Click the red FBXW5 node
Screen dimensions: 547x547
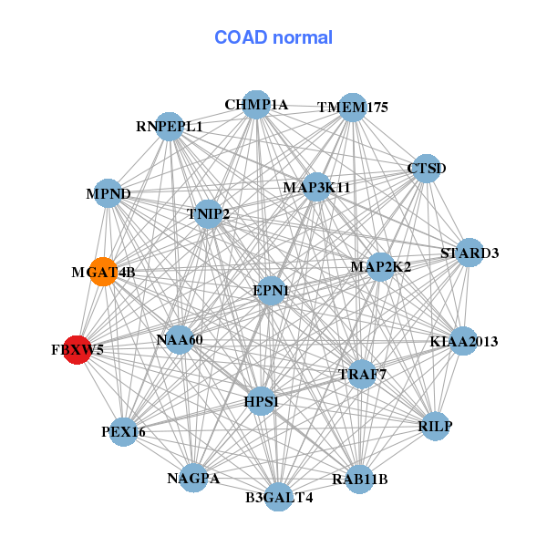point(77,350)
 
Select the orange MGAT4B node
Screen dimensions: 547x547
point(103,272)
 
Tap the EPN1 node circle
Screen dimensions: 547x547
point(271,291)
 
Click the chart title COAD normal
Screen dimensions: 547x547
point(273,37)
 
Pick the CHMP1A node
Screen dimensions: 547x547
point(256,105)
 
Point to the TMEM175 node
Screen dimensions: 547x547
point(353,108)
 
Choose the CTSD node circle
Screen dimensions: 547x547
point(427,169)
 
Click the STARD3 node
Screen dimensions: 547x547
point(470,253)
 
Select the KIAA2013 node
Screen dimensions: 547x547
point(464,341)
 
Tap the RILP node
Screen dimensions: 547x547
point(435,426)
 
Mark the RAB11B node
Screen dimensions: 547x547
point(360,480)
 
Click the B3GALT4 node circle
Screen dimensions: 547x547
point(279,497)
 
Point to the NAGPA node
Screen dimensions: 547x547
point(193,478)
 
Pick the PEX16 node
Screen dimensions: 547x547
point(123,432)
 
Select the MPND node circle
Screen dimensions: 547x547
point(108,193)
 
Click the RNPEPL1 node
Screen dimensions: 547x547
point(170,127)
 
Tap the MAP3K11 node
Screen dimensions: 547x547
point(316,187)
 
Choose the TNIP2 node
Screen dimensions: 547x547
point(208,214)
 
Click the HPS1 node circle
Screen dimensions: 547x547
point(262,401)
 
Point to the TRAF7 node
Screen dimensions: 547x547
point(362,375)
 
